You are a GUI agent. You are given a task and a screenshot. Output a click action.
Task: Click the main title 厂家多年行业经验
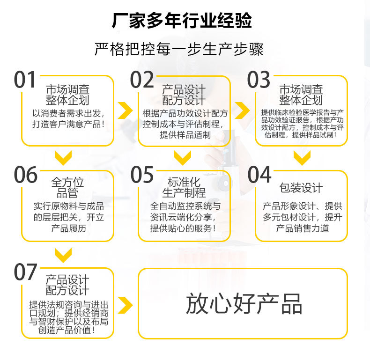coord(182,21)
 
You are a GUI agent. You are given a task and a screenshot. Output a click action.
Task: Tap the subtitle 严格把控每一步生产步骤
coord(179,49)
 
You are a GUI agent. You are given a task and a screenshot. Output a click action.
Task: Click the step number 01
coord(25,80)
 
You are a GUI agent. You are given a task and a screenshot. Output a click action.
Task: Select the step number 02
coord(142,80)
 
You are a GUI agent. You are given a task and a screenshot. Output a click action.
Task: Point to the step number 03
coord(259,80)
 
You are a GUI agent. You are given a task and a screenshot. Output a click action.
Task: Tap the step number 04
coord(259,175)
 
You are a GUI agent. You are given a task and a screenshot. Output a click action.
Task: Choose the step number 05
coord(142,175)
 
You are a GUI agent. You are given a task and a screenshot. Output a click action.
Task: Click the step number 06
coord(26,175)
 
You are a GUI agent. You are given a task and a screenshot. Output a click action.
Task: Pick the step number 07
coord(25,272)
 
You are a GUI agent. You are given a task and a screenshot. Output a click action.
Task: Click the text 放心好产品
coord(244,304)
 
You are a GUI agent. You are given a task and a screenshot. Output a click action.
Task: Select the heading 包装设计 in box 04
coord(301,188)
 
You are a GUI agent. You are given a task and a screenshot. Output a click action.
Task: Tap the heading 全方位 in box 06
coord(67,182)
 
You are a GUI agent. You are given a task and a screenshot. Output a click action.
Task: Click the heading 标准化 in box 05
coord(184,182)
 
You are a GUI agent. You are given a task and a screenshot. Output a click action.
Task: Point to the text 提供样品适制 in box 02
coord(185,135)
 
